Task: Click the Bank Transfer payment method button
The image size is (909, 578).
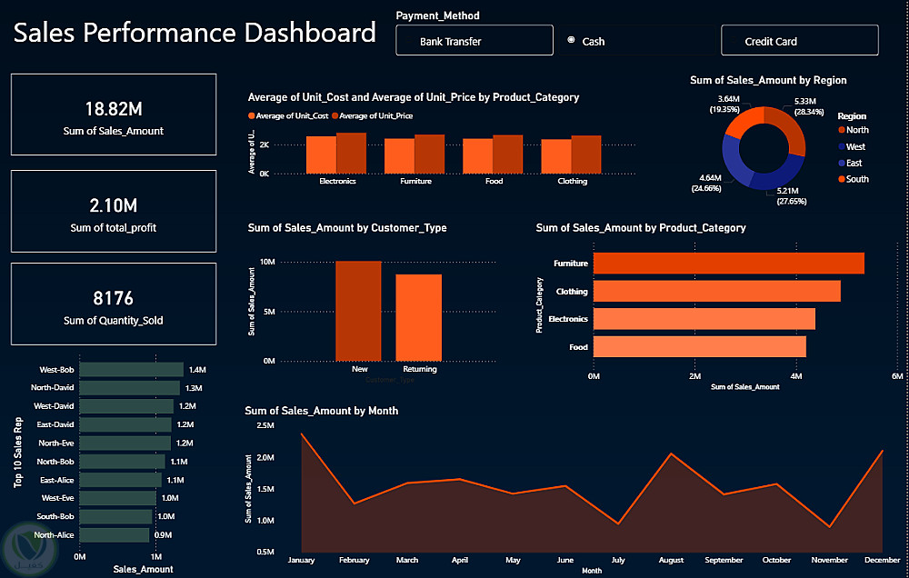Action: point(474,41)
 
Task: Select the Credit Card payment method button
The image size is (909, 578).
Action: point(799,41)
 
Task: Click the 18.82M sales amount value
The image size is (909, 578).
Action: point(114,109)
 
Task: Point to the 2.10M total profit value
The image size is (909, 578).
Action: point(114,205)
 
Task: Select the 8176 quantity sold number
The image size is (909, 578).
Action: point(114,298)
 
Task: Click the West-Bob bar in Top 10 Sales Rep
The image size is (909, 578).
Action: point(131,370)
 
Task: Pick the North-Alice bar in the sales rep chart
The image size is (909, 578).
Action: point(115,535)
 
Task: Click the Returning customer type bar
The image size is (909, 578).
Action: point(418,317)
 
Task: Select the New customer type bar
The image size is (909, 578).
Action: point(358,311)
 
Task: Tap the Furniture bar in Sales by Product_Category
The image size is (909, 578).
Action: point(727,264)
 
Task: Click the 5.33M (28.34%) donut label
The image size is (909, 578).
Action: point(779,106)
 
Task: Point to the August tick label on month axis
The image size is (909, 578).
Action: point(671,561)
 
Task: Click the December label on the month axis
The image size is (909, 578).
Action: point(877,561)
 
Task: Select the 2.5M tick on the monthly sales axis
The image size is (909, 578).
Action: point(265,425)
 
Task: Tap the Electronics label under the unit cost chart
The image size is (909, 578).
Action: point(337,182)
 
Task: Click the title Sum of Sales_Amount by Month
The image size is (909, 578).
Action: point(321,411)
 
